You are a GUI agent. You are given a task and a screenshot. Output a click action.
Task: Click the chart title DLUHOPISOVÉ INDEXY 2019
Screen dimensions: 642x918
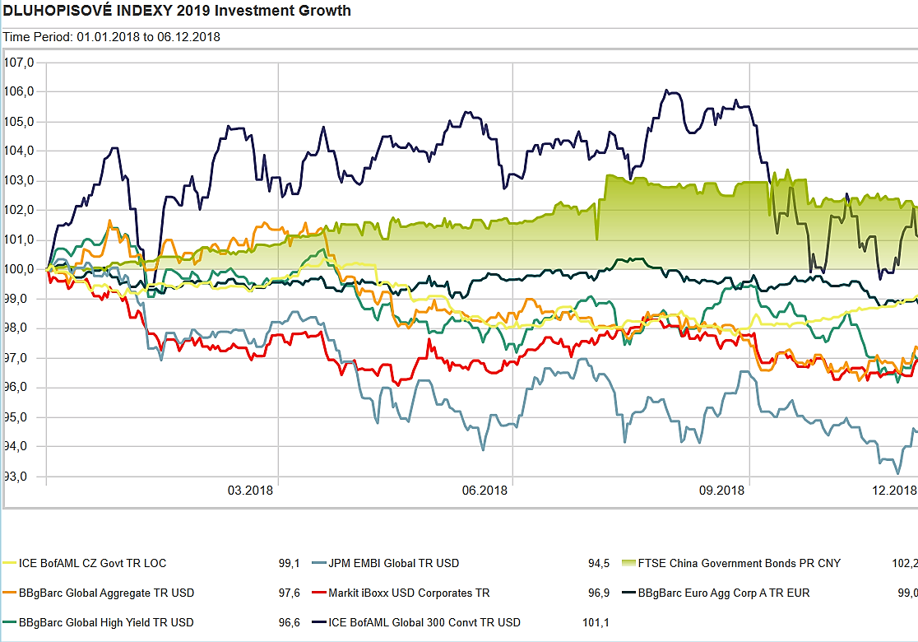point(177,11)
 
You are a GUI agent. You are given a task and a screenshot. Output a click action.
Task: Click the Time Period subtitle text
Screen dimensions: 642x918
point(112,37)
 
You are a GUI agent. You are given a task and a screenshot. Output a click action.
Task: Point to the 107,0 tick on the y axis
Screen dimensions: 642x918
point(18,63)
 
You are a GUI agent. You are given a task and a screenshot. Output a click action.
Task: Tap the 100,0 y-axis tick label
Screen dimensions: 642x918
point(18,269)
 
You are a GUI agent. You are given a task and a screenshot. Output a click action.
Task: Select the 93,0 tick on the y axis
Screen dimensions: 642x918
point(18,477)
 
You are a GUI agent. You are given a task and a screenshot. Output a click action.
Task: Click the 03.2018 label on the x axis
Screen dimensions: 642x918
point(250,491)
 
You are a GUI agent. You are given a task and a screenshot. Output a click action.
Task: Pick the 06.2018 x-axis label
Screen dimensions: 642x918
point(484,491)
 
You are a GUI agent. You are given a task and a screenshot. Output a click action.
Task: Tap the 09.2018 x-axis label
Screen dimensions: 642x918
point(721,491)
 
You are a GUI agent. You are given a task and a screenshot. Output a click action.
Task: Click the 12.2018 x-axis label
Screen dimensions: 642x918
point(893,491)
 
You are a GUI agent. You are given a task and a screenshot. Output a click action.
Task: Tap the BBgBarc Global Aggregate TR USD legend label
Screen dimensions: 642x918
point(106,593)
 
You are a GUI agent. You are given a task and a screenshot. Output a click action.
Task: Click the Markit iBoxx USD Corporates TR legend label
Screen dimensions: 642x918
point(409,593)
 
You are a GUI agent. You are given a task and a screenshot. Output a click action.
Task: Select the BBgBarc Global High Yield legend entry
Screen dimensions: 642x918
point(106,622)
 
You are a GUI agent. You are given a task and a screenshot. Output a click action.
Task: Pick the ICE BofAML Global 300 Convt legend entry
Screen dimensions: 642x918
point(424,622)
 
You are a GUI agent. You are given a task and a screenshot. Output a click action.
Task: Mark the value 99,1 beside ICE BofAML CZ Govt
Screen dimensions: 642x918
point(289,564)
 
